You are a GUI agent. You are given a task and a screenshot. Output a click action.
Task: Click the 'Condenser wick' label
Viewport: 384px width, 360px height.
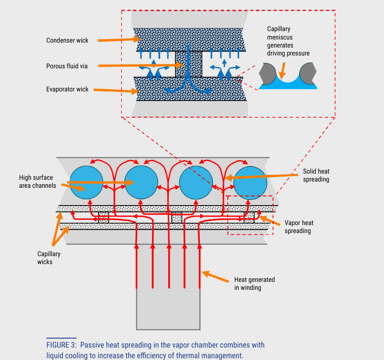pos(67,40)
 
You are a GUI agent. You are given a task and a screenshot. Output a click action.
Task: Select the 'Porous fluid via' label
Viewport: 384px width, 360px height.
pos(67,66)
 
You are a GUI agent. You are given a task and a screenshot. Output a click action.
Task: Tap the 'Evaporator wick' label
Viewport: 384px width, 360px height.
pos(67,89)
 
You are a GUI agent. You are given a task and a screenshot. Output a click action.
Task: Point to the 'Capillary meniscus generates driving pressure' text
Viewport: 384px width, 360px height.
pos(288,41)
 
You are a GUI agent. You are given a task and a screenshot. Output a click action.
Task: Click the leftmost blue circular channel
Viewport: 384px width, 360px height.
pos(86,182)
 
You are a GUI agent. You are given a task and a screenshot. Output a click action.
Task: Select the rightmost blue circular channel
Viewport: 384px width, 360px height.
pos(250,182)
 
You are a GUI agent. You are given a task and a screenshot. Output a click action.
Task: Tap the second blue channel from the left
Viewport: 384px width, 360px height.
pos(141,182)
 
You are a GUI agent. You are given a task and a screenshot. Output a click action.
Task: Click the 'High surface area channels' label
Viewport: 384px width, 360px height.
pos(38,182)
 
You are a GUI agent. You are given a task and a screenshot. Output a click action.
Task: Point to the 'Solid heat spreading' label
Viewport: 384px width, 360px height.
pos(316,175)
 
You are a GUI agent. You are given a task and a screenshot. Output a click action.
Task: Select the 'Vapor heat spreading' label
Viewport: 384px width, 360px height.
pos(299,227)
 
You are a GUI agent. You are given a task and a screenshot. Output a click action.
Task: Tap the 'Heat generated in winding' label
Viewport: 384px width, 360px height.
pos(254,284)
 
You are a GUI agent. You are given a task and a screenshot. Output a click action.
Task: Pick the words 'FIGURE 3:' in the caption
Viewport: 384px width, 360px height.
pos(62,345)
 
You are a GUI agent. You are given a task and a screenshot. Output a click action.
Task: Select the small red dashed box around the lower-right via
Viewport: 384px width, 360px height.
pos(250,215)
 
